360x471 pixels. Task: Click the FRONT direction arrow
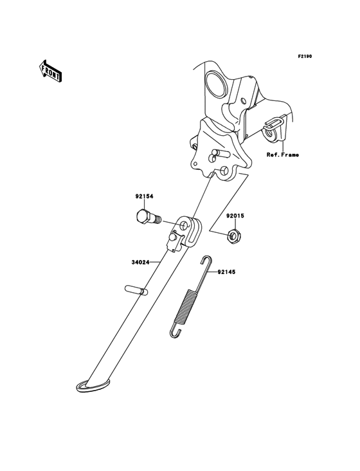(50, 71)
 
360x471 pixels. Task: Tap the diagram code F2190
(305, 56)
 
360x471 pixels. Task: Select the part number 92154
(144, 196)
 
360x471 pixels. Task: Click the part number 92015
(235, 216)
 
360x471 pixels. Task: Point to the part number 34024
(140, 263)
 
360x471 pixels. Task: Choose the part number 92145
(226, 272)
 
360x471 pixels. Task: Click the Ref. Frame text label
(283, 155)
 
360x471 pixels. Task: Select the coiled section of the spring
(186, 306)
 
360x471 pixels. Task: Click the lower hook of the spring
(175, 332)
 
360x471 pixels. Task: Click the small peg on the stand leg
(136, 290)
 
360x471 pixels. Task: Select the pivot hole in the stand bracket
(184, 226)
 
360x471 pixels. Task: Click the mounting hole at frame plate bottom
(224, 171)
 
